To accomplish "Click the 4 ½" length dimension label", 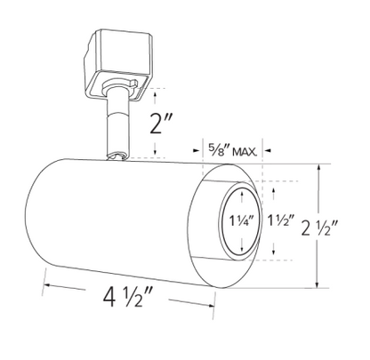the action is pyautogui.click(x=128, y=297).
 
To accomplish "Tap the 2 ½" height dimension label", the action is pyautogui.click(x=319, y=228).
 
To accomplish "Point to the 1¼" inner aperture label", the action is pyautogui.click(x=242, y=220).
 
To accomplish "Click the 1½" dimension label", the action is pyautogui.click(x=280, y=220).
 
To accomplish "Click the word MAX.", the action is pyautogui.click(x=245, y=152).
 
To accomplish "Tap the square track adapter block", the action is pyautogui.click(x=118, y=63).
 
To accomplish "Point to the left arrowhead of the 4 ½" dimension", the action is pyautogui.click(x=46, y=284).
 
